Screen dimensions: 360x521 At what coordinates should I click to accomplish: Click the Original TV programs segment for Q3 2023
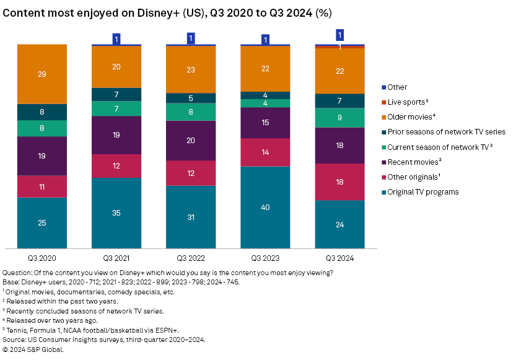pyautogui.click(x=265, y=207)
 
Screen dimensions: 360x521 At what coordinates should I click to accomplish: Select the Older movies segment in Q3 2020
pyautogui.click(x=42, y=74)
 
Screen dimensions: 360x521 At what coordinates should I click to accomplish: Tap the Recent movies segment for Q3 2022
pyautogui.click(x=191, y=140)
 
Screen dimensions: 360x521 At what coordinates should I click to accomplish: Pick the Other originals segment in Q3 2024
pyautogui.click(x=339, y=182)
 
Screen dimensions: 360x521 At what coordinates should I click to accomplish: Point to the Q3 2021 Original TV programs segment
pyautogui.click(x=116, y=213)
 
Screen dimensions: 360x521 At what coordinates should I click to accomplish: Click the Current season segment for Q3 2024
pyautogui.click(x=339, y=118)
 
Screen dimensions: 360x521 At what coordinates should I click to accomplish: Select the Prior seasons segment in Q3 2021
pyautogui.click(x=116, y=94)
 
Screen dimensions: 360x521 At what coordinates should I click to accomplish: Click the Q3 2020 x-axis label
pyautogui.click(x=42, y=257)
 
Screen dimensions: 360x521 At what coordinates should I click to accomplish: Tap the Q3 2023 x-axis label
pyautogui.click(x=265, y=257)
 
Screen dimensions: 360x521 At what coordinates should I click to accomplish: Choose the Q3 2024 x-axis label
pyautogui.click(x=339, y=257)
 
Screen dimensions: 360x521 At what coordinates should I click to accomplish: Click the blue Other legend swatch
pyautogui.click(x=384, y=87)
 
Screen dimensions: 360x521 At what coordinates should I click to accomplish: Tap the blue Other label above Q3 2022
pyautogui.click(x=191, y=38)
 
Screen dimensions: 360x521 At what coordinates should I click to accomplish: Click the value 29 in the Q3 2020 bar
pyautogui.click(x=42, y=74)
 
